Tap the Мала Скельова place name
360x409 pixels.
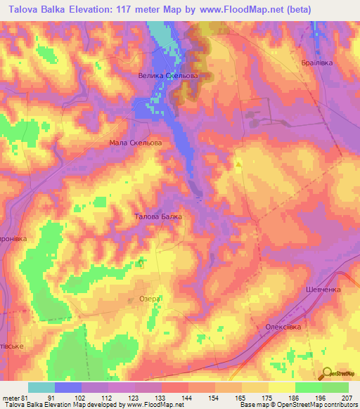136,142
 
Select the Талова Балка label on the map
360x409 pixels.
158,216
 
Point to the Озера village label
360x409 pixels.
150,299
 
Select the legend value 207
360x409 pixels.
349,397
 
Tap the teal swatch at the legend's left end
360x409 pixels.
41,387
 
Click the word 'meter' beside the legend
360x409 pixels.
11,397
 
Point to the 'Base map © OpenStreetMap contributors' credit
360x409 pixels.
296,405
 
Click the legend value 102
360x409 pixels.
81,397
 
